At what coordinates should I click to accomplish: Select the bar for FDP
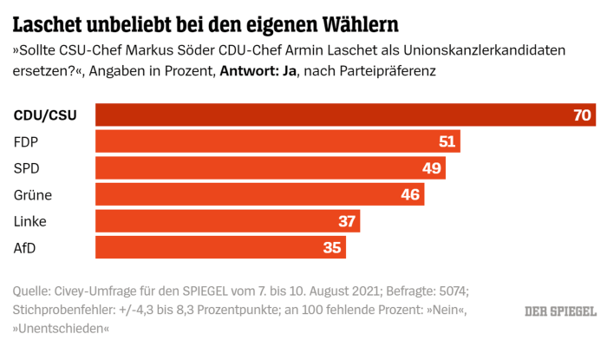(277, 141)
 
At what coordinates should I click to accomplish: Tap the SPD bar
(270, 168)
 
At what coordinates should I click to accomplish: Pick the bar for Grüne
(259, 194)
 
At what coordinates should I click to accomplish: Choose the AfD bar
(220, 247)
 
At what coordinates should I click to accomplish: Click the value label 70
(582, 115)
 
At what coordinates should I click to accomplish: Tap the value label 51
(447, 141)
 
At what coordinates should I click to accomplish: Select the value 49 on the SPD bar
(432, 168)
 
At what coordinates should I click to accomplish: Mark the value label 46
(411, 194)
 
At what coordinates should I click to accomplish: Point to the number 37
(347, 221)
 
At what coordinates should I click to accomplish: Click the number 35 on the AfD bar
(332, 247)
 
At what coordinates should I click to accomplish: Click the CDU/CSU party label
(45, 115)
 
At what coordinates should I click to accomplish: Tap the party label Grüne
(32, 194)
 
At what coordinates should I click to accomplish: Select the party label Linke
(29, 221)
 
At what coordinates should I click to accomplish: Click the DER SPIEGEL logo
(560, 311)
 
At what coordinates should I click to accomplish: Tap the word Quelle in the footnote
(33, 291)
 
